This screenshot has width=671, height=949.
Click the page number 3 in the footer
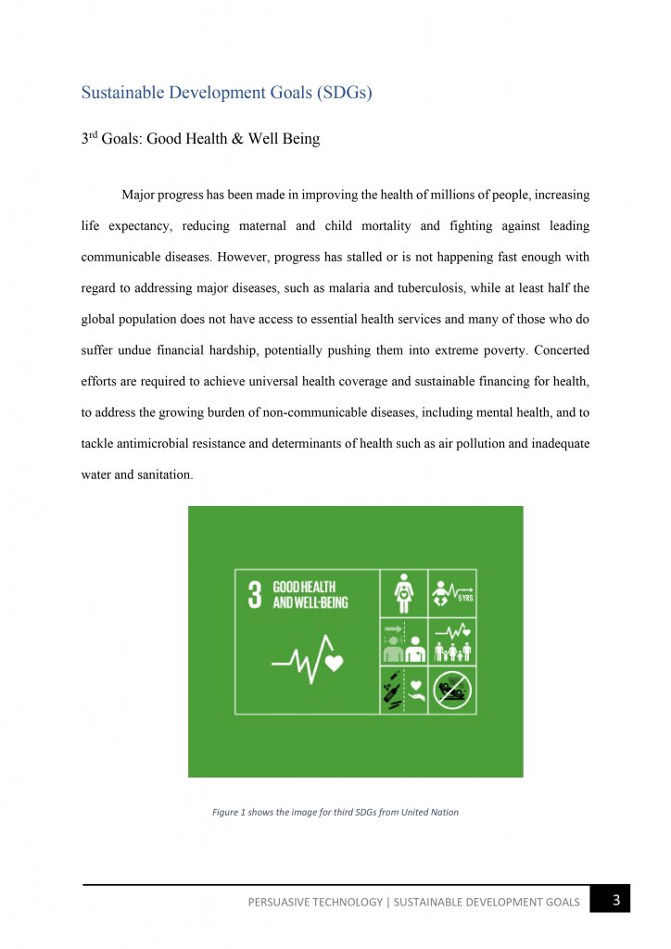click(x=616, y=899)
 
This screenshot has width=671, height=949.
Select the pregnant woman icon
click(x=404, y=592)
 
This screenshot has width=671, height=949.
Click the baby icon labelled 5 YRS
click(x=452, y=592)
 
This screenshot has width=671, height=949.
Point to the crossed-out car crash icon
click(x=453, y=690)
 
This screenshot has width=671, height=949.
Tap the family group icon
click(x=452, y=640)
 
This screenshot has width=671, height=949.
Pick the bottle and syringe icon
click(x=393, y=690)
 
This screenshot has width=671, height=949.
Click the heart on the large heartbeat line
click(x=335, y=662)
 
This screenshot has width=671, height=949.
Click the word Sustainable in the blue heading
click(x=124, y=93)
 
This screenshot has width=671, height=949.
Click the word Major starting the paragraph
click(x=140, y=196)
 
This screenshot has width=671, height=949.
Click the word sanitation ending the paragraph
click(x=162, y=474)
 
